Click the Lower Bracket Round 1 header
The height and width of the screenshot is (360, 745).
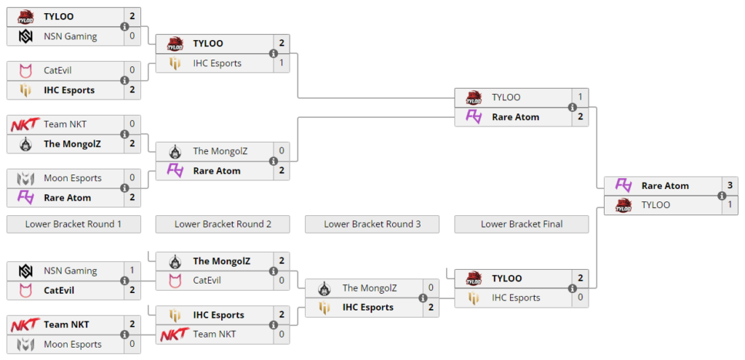pos(73,224)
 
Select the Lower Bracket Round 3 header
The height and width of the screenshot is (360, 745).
pos(372,224)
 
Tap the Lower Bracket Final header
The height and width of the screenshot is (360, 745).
pos(521,224)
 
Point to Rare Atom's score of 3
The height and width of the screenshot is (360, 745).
pos(730,185)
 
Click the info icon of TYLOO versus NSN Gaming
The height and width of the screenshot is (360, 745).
pos(124,26)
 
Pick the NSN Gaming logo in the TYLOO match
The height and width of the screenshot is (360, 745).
pos(25,36)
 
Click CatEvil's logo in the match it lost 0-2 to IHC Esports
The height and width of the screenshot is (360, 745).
pos(25,71)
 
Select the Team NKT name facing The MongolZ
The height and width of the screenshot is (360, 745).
pos(65,124)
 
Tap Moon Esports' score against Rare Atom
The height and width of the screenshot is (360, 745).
pos(132,178)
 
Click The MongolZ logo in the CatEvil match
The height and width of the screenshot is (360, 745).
pos(175,261)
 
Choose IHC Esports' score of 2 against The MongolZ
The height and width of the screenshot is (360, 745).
pos(431,308)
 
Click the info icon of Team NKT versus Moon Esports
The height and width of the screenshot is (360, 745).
pos(124,335)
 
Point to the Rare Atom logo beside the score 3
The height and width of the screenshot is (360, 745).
pos(623,185)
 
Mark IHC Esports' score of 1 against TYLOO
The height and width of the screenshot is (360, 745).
pos(282,63)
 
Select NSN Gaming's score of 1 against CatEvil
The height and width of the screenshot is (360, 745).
pos(132,271)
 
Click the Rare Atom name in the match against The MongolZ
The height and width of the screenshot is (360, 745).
pos(217,171)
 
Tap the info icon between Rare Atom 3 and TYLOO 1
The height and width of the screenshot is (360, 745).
pos(721,195)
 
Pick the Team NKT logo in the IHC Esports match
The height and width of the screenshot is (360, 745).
pos(175,335)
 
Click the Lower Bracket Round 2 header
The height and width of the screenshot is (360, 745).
pos(223,224)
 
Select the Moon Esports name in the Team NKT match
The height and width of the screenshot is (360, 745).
pos(73,344)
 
